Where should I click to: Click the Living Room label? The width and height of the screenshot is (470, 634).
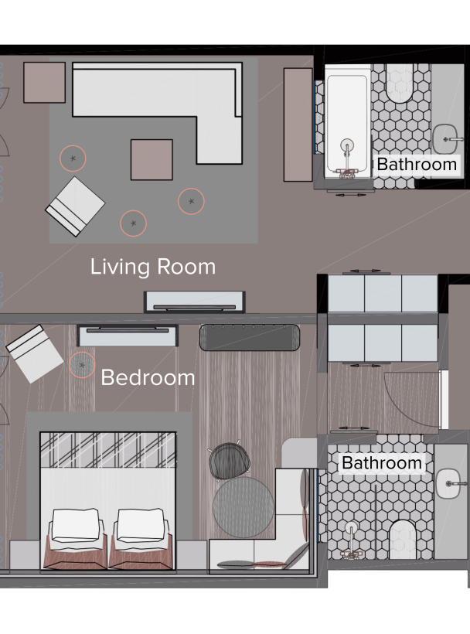pos(153,267)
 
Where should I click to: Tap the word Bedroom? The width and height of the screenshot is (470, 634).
pos(148,377)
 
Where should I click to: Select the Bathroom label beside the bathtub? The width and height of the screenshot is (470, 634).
pos(417,165)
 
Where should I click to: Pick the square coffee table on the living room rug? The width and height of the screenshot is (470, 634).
pos(152,160)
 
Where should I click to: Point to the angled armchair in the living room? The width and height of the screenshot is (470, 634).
pos(75,206)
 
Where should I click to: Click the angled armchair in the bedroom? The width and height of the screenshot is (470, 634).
pos(35,354)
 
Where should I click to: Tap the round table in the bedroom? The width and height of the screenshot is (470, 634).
pos(244,507)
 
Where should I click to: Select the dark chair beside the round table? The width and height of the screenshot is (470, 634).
pos(229,460)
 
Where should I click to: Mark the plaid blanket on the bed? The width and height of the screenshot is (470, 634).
pos(108,450)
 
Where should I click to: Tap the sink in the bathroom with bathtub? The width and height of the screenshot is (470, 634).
pos(446,139)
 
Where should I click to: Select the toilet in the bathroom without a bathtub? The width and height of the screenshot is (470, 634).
pos(403,540)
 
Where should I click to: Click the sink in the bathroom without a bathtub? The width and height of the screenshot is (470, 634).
pos(448,483)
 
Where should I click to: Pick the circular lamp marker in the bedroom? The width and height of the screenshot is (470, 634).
pos(82,365)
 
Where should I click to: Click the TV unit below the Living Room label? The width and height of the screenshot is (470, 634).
pos(194,302)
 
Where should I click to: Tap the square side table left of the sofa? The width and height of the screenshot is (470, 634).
pos(45,82)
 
